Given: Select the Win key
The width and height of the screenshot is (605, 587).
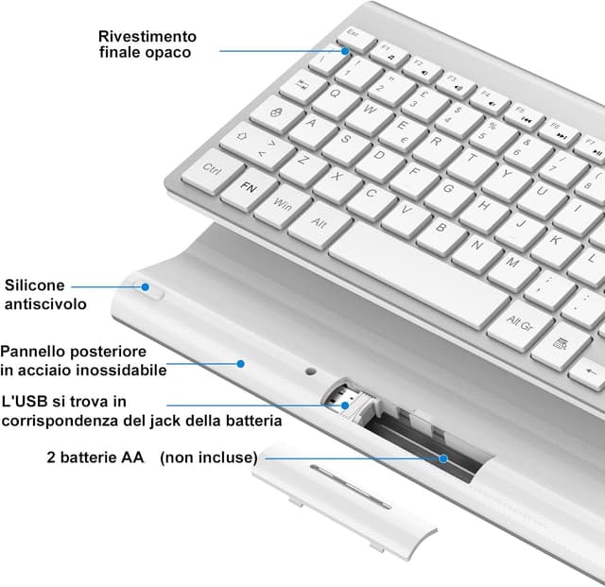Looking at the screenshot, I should click(x=282, y=205).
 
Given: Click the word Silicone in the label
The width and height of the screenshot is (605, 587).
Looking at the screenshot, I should click(x=35, y=285).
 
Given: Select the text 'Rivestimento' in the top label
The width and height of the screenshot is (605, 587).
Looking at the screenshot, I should click(x=147, y=36).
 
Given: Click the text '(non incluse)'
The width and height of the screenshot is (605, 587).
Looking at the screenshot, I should click(x=208, y=458).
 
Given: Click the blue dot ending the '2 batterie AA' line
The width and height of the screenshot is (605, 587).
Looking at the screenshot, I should click(x=442, y=458).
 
